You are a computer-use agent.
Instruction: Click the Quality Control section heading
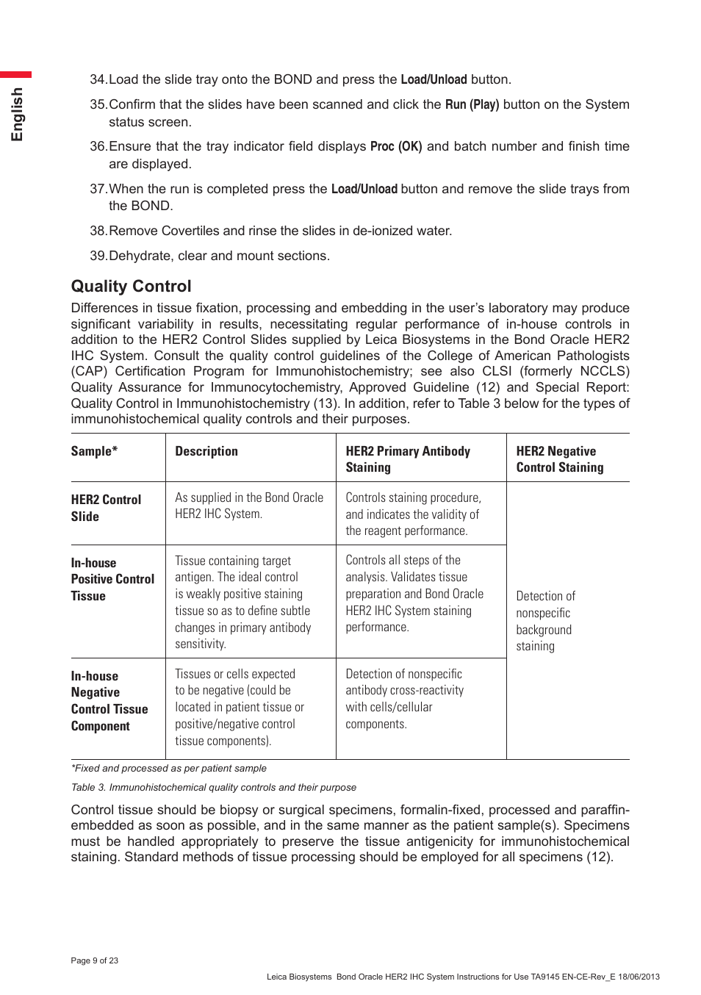(131, 287)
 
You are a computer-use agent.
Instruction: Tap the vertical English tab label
(17, 114)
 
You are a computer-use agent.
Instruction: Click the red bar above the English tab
(15, 74)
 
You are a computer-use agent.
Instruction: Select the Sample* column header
(94, 451)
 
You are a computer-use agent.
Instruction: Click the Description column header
(206, 451)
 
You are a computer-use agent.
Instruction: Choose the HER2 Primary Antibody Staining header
(407, 459)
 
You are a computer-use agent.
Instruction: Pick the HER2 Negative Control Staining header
(559, 459)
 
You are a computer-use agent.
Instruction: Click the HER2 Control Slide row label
(106, 508)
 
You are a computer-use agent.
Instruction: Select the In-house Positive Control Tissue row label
(112, 579)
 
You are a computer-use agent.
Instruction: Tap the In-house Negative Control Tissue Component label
(109, 701)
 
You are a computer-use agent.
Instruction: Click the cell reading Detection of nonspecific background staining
(545, 621)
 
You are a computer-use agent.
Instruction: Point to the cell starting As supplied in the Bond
(248, 506)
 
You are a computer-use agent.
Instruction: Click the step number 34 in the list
(98, 79)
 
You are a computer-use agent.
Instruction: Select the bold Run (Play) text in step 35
(472, 104)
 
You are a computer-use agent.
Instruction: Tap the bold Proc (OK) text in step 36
(395, 146)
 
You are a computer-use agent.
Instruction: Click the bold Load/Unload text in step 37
(364, 189)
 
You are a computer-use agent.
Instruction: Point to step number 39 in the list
(98, 256)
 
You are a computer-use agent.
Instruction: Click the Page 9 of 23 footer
(94, 960)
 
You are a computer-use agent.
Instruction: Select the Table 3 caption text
(213, 787)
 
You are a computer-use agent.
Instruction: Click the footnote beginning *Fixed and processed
(168, 768)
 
